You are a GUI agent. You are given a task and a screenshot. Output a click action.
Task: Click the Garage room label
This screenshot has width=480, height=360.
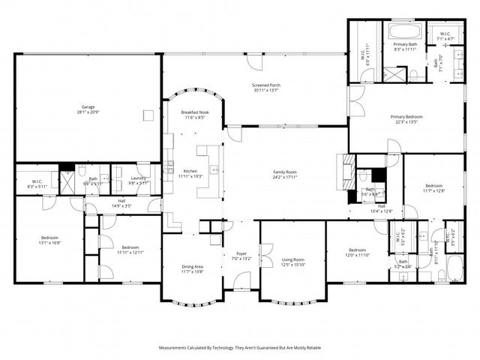pos(88,106)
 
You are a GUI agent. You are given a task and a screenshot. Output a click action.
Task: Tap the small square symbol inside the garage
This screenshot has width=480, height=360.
pos(148,115)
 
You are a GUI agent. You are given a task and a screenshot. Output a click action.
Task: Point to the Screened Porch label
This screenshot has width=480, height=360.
pos(265,85)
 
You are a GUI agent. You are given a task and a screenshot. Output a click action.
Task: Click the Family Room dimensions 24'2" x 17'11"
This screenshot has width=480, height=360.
pos(285,178)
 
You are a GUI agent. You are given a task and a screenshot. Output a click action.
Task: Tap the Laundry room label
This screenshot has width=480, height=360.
pos(139,178)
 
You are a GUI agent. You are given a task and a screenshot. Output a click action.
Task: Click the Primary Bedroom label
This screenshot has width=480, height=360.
pos(406,117)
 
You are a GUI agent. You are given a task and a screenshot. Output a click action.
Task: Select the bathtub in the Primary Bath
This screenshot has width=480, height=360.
pos(406,33)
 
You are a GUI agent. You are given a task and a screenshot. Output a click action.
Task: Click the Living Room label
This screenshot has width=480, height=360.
pos(292,259)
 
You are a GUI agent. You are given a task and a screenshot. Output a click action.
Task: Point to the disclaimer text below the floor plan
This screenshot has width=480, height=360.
pos(240,348)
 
